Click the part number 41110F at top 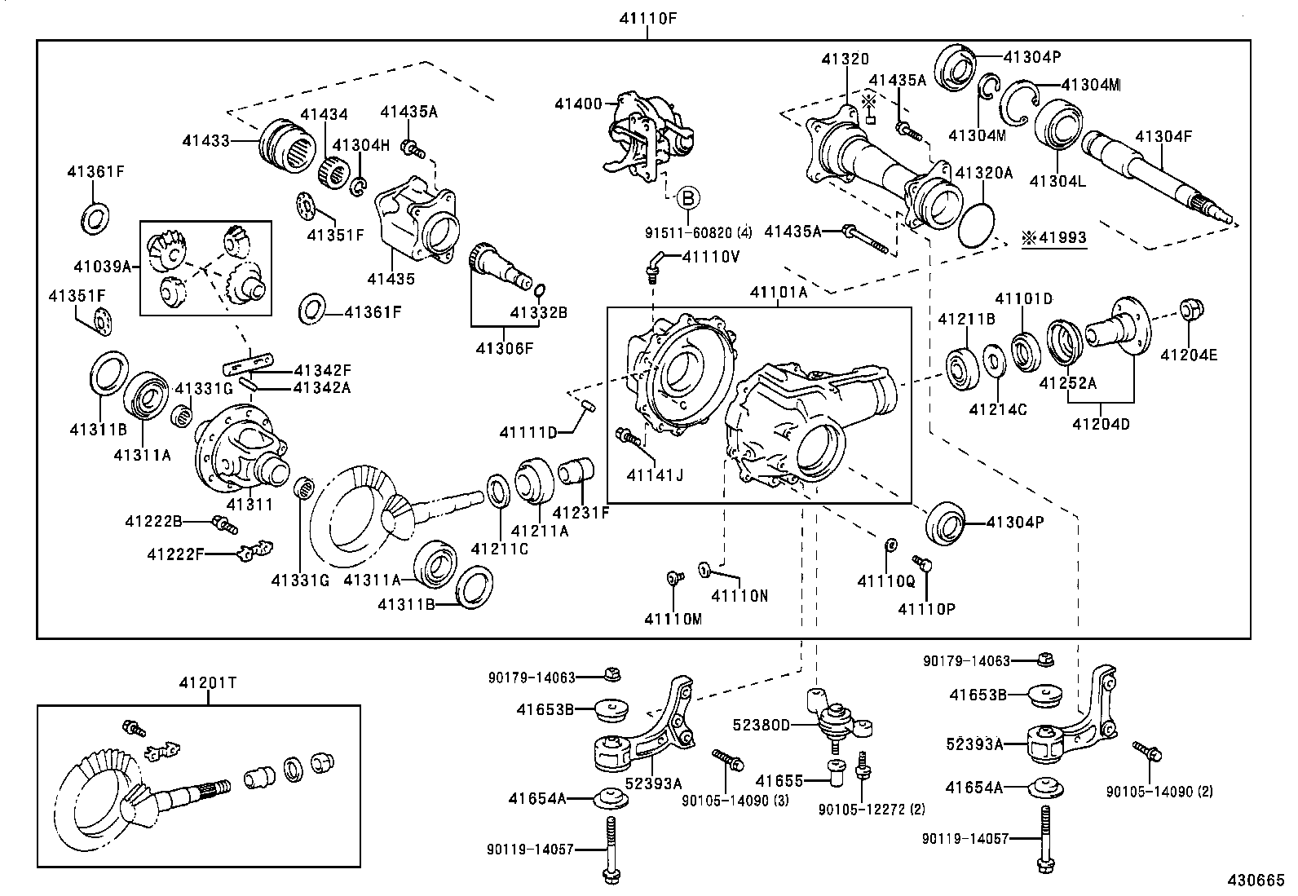click(x=647, y=17)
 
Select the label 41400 click(x=577, y=104)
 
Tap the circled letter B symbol click(x=688, y=197)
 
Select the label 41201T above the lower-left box click(x=208, y=683)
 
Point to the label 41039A click(x=103, y=266)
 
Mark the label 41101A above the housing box click(x=778, y=292)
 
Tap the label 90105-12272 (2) click(x=872, y=810)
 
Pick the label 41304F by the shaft click(x=1163, y=136)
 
